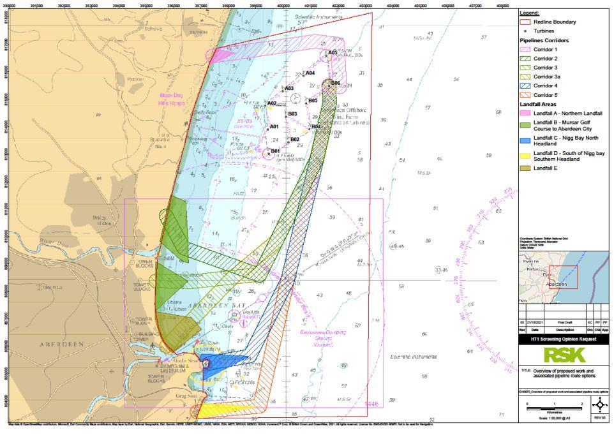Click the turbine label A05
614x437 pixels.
coord(333,53)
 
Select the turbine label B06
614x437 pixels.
coord(336,83)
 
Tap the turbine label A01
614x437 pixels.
coord(274,127)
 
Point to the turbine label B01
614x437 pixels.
coord(276,151)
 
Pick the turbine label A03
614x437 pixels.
coord(289,89)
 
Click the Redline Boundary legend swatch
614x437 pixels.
coord(526,22)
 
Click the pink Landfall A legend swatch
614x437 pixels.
coord(526,113)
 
